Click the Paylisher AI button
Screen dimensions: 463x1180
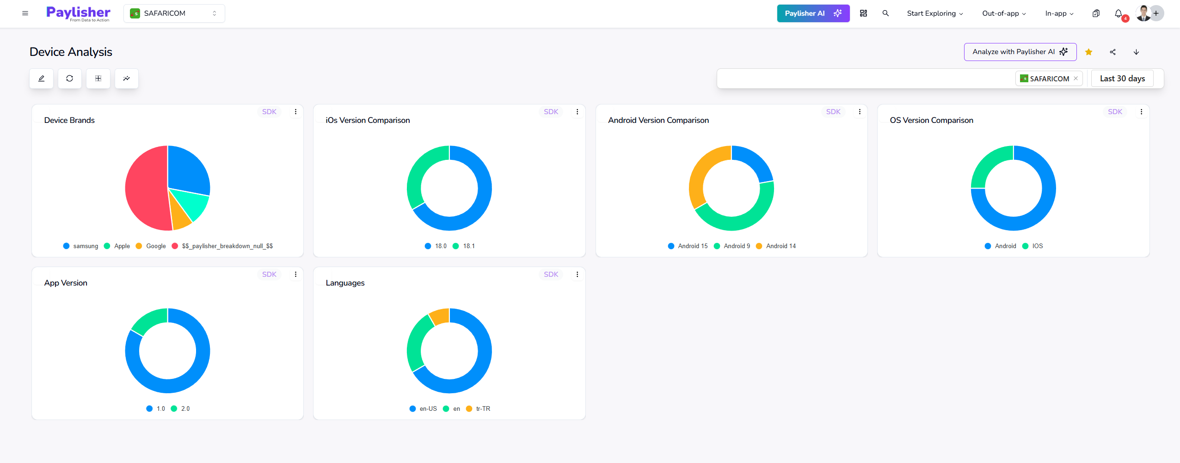coord(813,13)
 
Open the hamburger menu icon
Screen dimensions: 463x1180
coord(25,13)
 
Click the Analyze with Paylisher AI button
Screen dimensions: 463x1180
coord(1020,52)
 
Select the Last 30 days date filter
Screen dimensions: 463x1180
coord(1122,79)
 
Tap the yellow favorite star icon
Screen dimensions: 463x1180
coord(1088,52)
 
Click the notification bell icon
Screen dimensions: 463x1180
coord(1118,13)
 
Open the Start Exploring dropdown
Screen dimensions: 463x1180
coord(934,13)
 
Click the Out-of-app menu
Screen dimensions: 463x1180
coord(1004,13)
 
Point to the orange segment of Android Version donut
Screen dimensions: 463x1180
coord(700,176)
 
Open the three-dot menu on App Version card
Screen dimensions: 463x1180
coord(295,274)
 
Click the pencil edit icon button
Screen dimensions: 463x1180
coord(41,79)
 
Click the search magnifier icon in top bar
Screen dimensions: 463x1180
coord(885,13)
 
